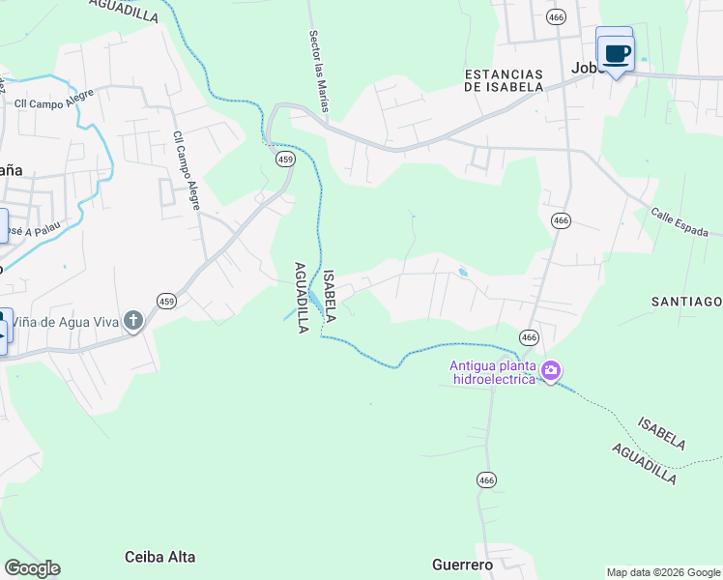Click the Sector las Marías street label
coord(320,71)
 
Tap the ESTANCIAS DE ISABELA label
coord(504,80)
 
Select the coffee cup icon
coord(615,51)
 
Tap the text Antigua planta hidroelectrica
coord(493,372)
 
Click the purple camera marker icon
coord(551,370)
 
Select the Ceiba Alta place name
coord(160,557)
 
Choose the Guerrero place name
coord(462,565)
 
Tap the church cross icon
coord(134,320)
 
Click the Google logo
coord(32,568)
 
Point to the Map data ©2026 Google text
coord(663,572)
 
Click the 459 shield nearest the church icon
coord(166,302)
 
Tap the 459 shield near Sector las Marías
coord(285,159)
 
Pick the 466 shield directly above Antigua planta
coord(528,336)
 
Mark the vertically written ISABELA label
coord(330,296)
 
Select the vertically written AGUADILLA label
coord(301,297)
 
